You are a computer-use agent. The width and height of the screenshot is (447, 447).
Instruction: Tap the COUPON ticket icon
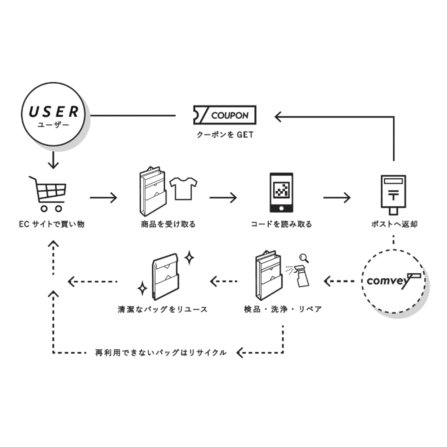click(224, 115)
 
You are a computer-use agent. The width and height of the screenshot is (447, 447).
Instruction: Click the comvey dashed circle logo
click(393, 281)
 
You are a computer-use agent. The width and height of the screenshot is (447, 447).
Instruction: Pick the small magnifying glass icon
click(304, 257)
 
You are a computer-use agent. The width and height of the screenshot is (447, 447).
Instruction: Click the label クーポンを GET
click(225, 135)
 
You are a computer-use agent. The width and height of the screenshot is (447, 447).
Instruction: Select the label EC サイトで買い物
click(52, 224)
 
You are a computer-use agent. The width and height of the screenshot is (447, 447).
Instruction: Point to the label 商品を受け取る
click(168, 224)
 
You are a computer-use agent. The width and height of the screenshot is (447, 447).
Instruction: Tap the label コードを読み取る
click(281, 224)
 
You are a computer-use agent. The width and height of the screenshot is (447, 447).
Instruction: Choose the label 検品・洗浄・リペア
click(283, 309)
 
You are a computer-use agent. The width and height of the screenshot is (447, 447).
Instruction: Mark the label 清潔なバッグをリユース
click(162, 309)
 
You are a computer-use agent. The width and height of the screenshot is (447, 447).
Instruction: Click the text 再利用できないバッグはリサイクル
click(161, 353)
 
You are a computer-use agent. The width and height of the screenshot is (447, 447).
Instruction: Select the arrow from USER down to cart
click(53, 160)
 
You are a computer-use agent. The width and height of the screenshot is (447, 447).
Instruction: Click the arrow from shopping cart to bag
click(103, 197)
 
